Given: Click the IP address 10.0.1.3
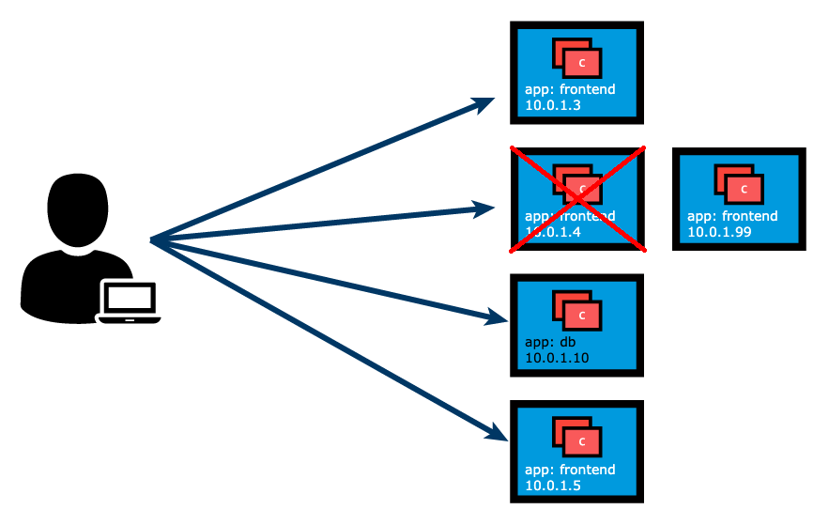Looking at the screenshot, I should point(553,106).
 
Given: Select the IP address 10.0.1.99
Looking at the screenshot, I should point(719,232).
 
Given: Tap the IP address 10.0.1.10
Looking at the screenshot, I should point(557,358).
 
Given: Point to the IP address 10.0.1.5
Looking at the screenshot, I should point(553,485).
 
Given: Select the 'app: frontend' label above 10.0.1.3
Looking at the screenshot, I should point(570,90).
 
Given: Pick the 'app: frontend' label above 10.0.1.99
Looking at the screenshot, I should point(732,216).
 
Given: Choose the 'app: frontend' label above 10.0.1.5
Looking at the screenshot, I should point(570,469).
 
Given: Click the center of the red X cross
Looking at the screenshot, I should point(577,198).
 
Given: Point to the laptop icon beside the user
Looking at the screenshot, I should point(129,301).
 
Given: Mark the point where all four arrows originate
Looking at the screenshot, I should point(151,240).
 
